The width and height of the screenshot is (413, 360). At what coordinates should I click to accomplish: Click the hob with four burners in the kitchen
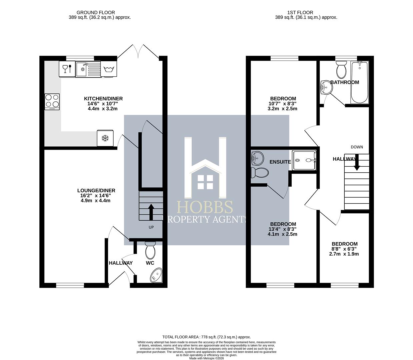click(52, 102)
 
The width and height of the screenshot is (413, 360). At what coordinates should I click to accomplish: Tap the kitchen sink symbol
click(88, 69)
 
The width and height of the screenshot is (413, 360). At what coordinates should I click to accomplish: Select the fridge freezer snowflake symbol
click(105, 138)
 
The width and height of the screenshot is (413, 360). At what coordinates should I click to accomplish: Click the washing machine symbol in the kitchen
click(109, 69)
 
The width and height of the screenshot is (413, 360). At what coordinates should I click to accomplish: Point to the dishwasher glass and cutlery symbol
click(67, 69)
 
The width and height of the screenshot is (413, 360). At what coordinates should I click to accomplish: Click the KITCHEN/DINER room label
click(103, 99)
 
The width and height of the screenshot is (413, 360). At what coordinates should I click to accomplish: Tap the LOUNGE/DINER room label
click(96, 191)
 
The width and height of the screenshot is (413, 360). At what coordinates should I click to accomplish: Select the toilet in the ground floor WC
click(150, 251)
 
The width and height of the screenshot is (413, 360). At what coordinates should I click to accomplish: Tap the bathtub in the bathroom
click(359, 83)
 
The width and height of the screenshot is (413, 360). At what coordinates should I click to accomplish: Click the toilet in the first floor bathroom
click(341, 70)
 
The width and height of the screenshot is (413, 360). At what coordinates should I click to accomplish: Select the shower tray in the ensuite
click(304, 160)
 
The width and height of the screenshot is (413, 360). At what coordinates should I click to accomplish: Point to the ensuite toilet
click(260, 172)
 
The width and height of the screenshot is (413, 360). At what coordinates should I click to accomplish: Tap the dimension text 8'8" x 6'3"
click(344, 249)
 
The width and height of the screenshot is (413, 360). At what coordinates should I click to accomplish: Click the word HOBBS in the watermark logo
click(205, 207)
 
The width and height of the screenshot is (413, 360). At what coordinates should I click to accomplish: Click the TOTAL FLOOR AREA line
click(206, 337)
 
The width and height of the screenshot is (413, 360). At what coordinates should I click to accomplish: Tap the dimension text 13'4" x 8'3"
click(282, 229)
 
